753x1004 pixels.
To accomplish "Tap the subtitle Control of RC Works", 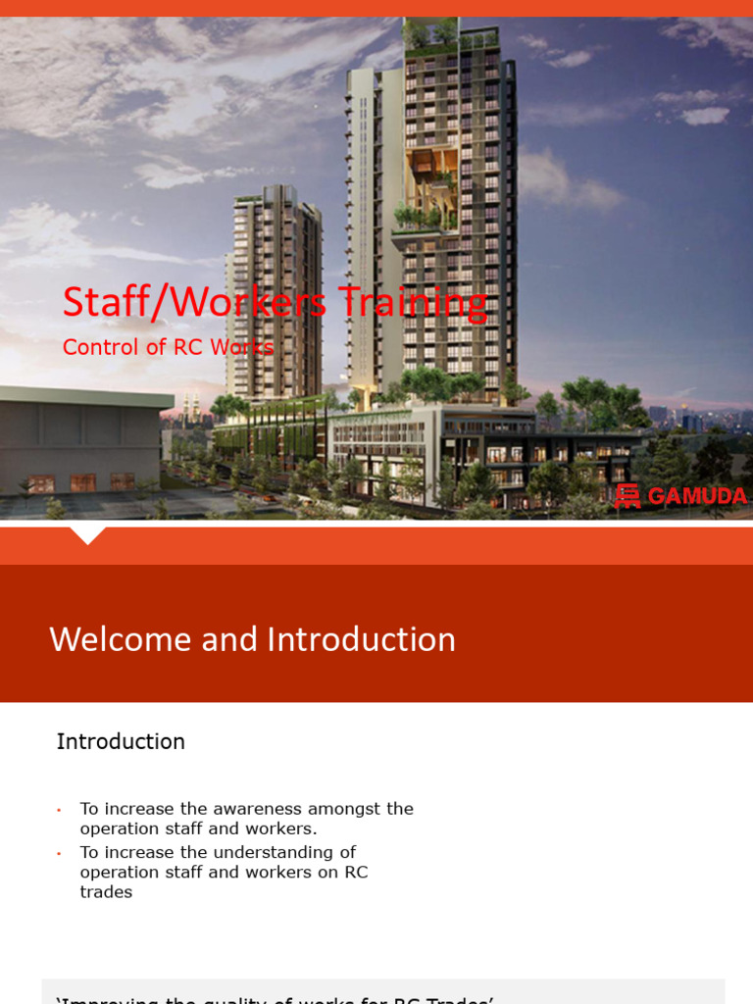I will pos(168,347).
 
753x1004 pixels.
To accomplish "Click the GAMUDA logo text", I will pos(697,496).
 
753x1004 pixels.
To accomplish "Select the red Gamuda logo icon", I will pos(627,496).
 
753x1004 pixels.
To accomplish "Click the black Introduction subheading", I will pos(121,741).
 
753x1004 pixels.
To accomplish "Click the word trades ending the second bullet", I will pos(106,892).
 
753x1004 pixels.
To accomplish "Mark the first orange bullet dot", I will pos(59,810).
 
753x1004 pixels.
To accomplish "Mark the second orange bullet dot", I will pos(59,853).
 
